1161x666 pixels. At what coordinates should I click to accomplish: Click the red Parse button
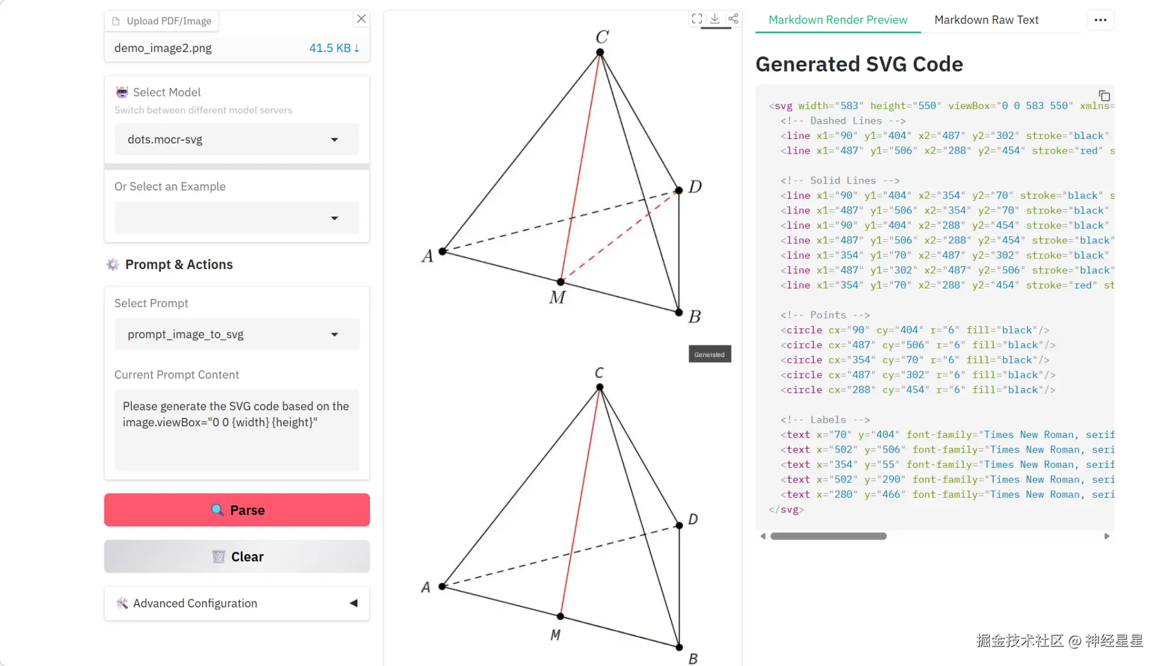tap(237, 510)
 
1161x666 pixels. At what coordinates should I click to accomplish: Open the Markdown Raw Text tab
tap(986, 20)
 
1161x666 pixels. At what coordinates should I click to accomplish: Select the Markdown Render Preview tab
tap(837, 20)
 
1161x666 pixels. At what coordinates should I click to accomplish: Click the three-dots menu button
tap(1100, 20)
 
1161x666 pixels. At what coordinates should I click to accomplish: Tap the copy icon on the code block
tap(1104, 96)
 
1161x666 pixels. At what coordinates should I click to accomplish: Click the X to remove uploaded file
tap(361, 19)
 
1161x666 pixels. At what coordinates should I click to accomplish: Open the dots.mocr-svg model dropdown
tap(237, 140)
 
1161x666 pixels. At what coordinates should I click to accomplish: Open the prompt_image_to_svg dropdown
tap(237, 334)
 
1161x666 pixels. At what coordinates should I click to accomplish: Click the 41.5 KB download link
tap(334, 48)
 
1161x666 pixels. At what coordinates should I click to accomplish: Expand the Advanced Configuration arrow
tap(354, 603)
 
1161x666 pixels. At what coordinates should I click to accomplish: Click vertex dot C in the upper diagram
tap(600, 52)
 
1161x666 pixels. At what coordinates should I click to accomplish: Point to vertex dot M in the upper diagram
tap(561, 282)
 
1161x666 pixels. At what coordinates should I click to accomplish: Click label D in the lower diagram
tap(693, 519)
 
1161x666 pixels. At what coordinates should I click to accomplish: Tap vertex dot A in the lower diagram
tap(442, 586)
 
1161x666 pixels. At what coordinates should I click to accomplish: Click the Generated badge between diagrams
tap(709, 354)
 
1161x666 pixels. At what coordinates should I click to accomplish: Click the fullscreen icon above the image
tap(697, 19)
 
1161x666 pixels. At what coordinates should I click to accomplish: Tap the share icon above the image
tap(733, 19)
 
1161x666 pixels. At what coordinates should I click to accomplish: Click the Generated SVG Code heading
tap(859, 64)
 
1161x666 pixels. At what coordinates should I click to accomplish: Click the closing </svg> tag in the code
tap(786, 509)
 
